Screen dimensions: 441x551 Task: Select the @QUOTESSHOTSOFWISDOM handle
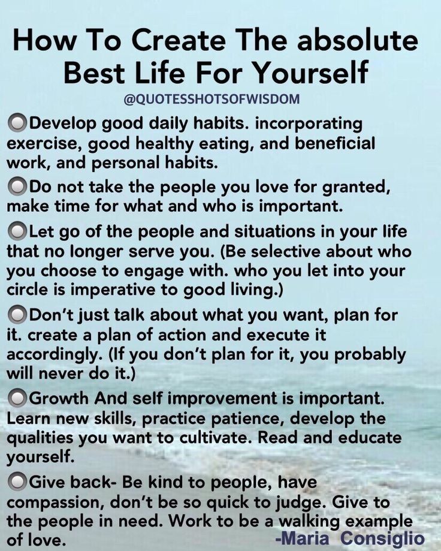[212, 100]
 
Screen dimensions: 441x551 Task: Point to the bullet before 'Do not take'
[17, 186]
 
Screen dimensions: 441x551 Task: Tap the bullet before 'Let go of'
[17, 231]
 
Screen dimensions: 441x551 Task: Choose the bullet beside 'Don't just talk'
[17, 315]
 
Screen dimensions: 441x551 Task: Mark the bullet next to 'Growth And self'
[17, 398]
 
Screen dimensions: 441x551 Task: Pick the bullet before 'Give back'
[17, 481]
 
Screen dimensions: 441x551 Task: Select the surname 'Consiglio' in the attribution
[382, 539]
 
